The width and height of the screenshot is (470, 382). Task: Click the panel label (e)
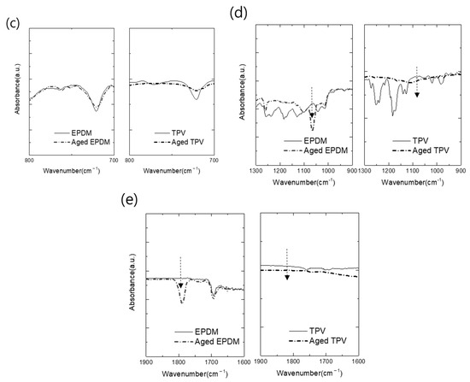tap(128, 202)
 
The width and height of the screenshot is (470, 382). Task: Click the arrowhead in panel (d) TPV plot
tap(416, 94)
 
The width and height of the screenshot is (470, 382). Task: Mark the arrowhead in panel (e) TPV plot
tap(287, 278)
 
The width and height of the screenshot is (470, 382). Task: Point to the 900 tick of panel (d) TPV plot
tap(461, 170)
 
